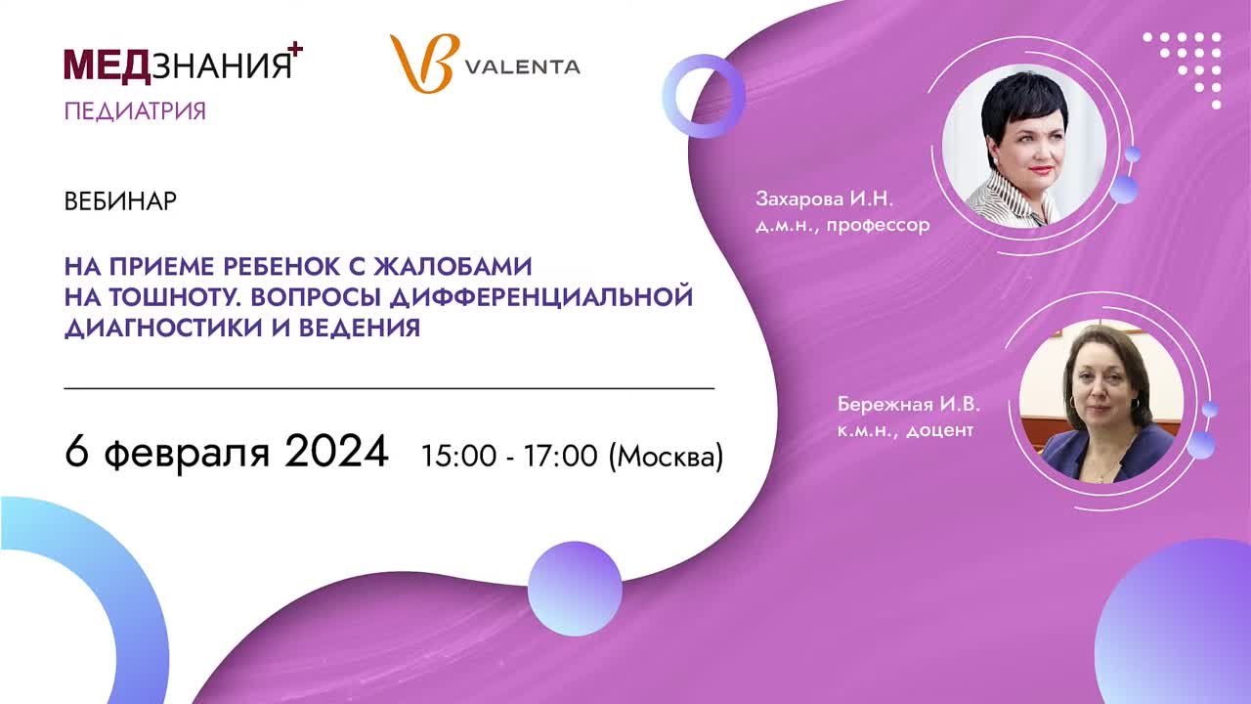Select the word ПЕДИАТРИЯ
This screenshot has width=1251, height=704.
(135, 111)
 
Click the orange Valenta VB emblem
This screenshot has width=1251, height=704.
(424, 64)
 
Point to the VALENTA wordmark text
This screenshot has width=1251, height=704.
(523, 67)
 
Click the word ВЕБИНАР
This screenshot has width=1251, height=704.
(120, 201)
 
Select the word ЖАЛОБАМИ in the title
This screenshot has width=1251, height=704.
(453, 267)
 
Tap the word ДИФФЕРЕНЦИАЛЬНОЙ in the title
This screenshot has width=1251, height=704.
(541, 297)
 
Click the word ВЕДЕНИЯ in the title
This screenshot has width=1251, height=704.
(360, 328)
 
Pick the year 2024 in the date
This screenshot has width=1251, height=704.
(336, 451)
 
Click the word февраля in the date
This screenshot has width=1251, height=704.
(187, 454)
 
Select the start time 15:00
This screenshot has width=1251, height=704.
(458, 456)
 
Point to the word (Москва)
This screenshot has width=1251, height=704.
(666, 457)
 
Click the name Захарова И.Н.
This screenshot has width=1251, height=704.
(824, 198)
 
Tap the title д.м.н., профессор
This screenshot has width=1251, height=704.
(842, 225)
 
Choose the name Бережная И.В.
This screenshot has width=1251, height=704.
(908, 404)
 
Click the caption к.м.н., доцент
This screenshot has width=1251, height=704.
(905, 430)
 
